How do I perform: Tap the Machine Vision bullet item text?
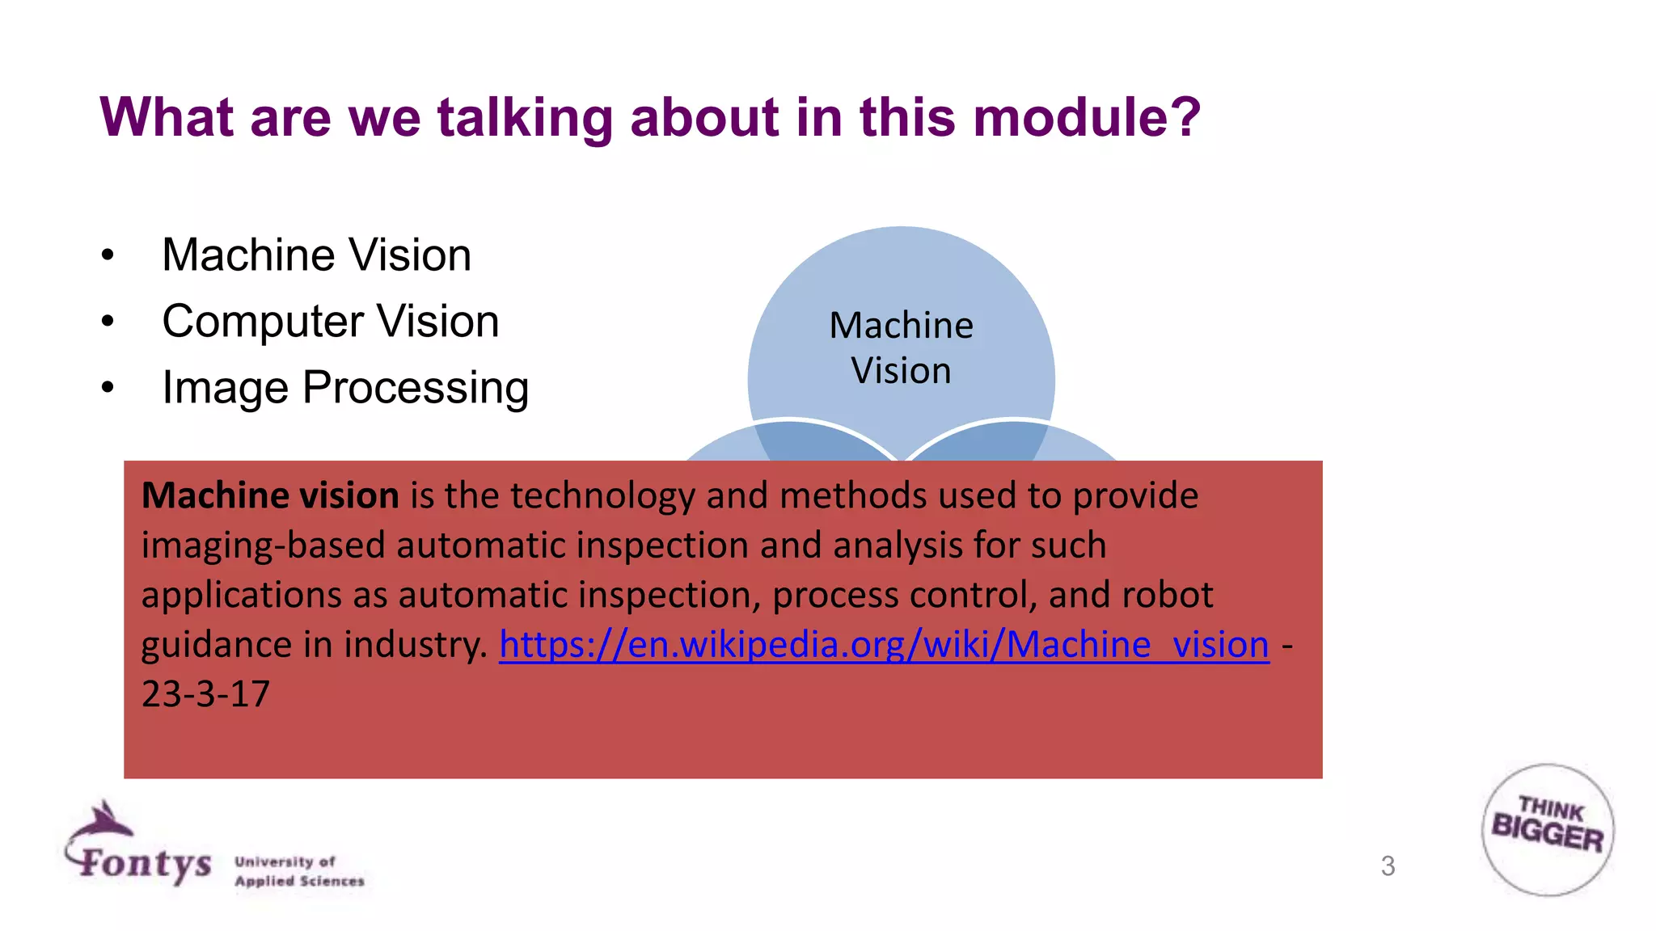pyautogui.click(x=316, y=255)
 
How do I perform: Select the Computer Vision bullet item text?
pyautogui.click(x=330, y=322)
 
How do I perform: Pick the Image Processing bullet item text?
pyautogui.click(x=345, y=388)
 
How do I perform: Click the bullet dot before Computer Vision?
pyautogui.click(x=108, y=322)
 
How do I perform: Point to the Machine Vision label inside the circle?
pyautogui.click(x=901, y=348)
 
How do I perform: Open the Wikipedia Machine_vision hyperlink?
pyautogui.click(x=884, y=645)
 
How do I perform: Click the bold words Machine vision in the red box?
pyautogui.click(x=270, y=495)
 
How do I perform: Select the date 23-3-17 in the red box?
pyautogui.click(x=205, y=694)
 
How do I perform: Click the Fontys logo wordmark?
pyautogui.click(x=146, y=863)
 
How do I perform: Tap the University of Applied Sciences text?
pyautogui.click(x=299, y=871)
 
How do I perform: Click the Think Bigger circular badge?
pyautogui.click(x=1548, y=829)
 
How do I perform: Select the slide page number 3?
pyautogui.click(x=1388, y=866)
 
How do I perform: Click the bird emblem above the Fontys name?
pyautogui.click(x=103, y=821)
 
